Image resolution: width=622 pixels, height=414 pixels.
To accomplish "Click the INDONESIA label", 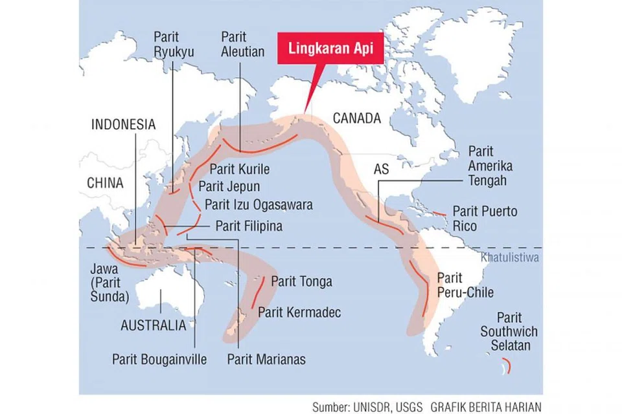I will pyautogui.click(x=124, y=125).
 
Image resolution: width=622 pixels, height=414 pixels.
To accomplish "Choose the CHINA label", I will pyautogui.click(x=105, y=183).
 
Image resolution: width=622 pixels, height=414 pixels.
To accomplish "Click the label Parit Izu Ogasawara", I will pyautogui.click(x=259, y=205).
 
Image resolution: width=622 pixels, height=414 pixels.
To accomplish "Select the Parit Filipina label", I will pyautogui.click(x=249, y=226).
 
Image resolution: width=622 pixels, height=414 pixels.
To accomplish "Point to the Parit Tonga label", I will pyautogui.click(x=301, y=281).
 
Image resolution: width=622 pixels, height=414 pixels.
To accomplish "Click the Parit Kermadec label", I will pyautogui.click(x=299, y=312).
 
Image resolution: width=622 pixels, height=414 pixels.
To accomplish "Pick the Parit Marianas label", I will pyautogui.click(x=266, y=359).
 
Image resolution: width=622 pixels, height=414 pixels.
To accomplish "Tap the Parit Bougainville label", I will pyautogui.click(x=159, y=359).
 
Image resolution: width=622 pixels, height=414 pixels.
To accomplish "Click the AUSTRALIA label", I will pyautogui.click(x=154, y=325).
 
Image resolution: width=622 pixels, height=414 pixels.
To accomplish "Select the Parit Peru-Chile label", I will pyautogui.click(x=465, y=285).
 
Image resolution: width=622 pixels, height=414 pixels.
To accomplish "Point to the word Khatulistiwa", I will pyautogui.click(x=511, y=257).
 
